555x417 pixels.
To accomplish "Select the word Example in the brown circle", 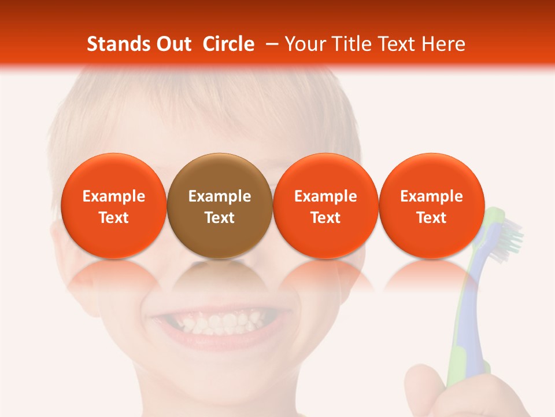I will point(220,196).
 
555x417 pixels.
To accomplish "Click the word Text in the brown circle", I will point(220,218).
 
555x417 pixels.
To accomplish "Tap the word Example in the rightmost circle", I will point(432,196).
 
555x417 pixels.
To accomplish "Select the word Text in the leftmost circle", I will point(114,218).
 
